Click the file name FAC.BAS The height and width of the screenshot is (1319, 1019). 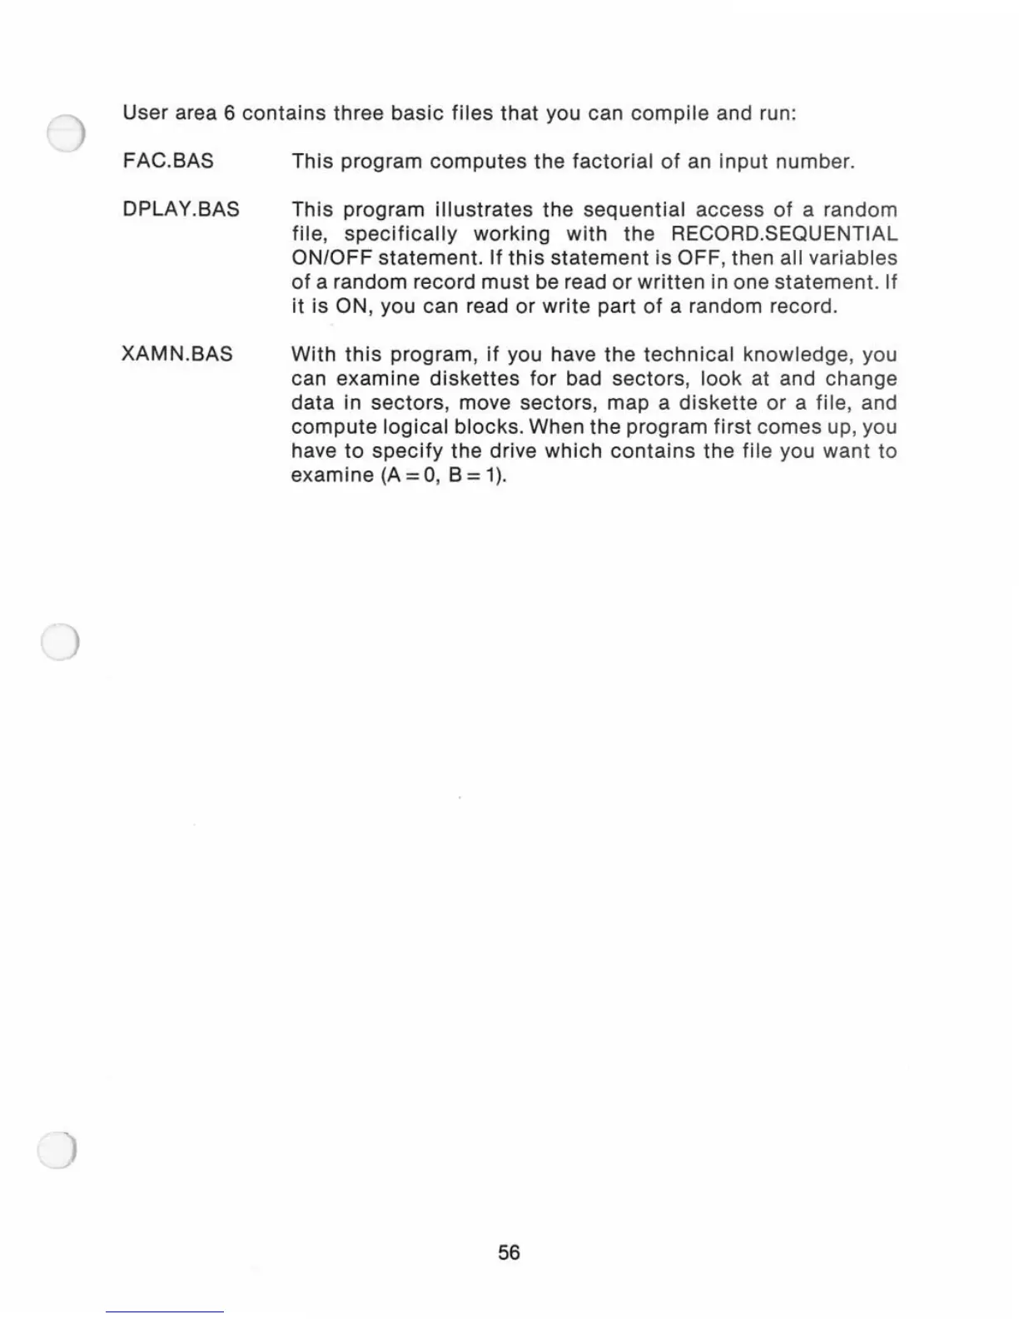coord(167,161)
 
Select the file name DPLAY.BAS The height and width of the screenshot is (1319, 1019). coord(181,209)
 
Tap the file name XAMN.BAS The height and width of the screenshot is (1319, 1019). coord(176,354)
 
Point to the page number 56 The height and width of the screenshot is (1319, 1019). coord(509,1252)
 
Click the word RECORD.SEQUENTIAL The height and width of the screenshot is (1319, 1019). coord(784,234)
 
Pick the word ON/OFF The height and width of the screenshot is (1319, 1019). coord(331,258)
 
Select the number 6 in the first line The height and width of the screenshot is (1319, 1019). coord(229,113)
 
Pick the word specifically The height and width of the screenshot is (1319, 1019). coord(400,234)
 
